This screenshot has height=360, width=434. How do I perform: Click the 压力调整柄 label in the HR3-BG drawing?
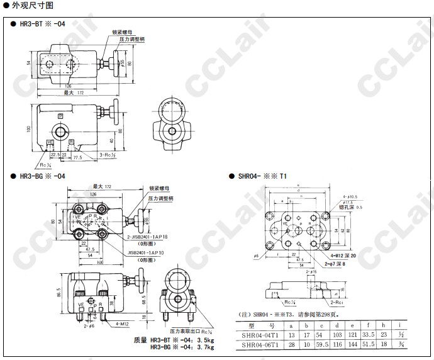click(x=161, y=197)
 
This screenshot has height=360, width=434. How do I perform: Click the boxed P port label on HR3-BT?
click(x=61, y=116)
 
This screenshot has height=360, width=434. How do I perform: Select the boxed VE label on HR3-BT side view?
click(x=51, y=142)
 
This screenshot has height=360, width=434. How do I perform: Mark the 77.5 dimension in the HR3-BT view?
click(x=77, y=157)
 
